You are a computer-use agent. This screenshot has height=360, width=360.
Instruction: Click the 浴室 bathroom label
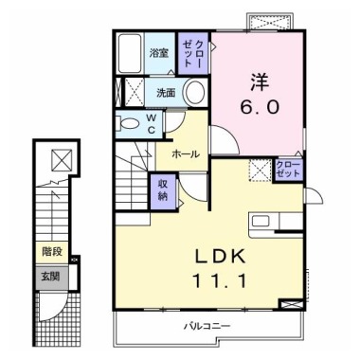tap(159, 53)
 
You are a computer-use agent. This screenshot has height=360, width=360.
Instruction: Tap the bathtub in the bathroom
tap(130, 52)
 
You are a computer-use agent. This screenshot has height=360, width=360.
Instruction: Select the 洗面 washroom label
tap(166, 93)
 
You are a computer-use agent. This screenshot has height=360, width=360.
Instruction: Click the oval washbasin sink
tap(194, 92)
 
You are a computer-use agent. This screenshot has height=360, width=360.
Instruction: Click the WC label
tap(152, 124)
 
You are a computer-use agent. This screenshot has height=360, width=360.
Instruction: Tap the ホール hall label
tap(186, 154)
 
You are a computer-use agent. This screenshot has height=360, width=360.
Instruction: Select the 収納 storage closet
tap(163, 191)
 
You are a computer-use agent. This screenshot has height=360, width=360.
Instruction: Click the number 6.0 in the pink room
tap(261, 107)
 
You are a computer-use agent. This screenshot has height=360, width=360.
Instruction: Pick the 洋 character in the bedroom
tap(261, 82)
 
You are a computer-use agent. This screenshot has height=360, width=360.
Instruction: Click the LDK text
tap(220, 257)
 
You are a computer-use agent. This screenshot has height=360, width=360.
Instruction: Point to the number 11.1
tap(220, 281)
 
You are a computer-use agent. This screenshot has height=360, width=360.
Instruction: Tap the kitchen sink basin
tap(260, 221)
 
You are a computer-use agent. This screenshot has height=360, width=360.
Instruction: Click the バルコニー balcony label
tap(207, 326)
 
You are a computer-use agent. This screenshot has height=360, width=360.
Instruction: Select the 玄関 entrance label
tap(50, 277)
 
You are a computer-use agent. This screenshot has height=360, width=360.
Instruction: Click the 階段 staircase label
tap(52, 252)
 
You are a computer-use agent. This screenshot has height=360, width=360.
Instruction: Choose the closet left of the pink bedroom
tap(193, 53)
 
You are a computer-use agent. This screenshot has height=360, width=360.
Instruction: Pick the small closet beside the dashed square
tap(288, 170)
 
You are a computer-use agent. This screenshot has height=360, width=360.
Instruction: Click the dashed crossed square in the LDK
tap(260, 171)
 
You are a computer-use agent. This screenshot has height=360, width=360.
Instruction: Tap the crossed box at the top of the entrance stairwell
tap(62, 160)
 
